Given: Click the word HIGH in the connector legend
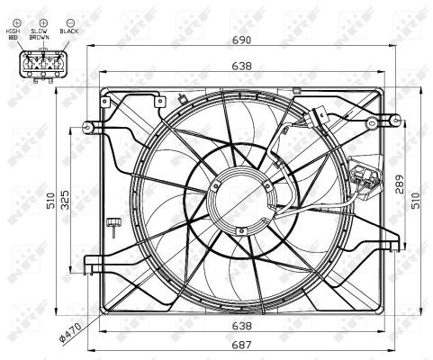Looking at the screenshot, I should [13, 31].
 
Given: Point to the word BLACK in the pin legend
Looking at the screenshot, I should [68, 31].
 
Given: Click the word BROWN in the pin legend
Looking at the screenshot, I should [38, 38].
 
